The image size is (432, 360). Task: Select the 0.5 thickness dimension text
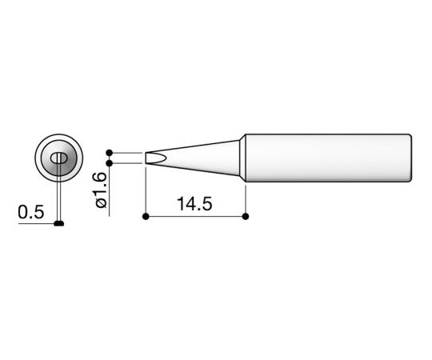click(30, 213)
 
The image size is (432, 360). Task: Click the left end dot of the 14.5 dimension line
click(145, 216)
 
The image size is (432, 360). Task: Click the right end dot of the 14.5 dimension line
click(245, 216)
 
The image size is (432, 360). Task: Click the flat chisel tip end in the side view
click(146, 158)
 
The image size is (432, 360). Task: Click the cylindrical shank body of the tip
click(328, 157)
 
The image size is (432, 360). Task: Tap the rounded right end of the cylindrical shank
click(411, 157)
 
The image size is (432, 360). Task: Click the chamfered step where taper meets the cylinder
click(242, 157)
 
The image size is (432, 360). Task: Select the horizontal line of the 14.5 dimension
click(194, 216)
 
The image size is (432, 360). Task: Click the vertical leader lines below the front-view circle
click(59, 200)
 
